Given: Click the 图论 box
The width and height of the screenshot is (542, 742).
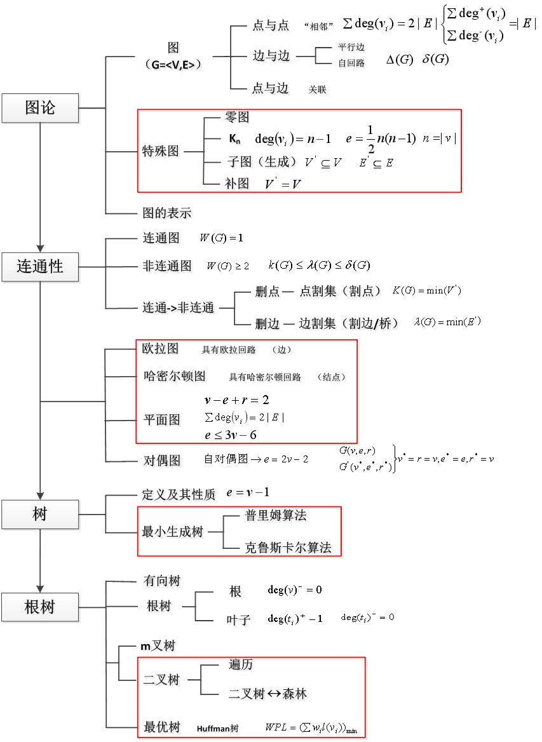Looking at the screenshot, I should [40, 108].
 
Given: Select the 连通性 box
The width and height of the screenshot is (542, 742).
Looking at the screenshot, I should [40, 266].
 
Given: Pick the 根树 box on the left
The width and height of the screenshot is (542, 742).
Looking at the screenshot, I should [40, 607].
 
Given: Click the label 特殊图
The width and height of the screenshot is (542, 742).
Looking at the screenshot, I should [160, 152].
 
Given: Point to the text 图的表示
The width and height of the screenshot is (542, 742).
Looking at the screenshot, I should [167, 213].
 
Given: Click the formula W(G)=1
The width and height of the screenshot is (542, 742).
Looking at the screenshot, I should [221, 239].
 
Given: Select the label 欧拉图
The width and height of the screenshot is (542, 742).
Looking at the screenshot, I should [160, 349].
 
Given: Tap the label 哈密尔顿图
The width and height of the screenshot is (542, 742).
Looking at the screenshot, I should [175, 376].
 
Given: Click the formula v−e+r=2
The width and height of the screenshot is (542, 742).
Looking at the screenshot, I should [237, 400].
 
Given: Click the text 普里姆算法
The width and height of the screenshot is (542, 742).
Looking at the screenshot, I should [276, 515].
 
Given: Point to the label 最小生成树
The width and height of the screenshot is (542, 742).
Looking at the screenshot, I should [172, 531].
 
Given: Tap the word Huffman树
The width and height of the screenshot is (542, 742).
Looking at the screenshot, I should [217, 728].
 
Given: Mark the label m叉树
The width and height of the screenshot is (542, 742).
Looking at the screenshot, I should [158, 646].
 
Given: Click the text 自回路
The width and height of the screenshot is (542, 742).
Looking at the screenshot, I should [351, 63].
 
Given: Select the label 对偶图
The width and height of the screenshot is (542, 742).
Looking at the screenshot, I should [161, 460].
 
